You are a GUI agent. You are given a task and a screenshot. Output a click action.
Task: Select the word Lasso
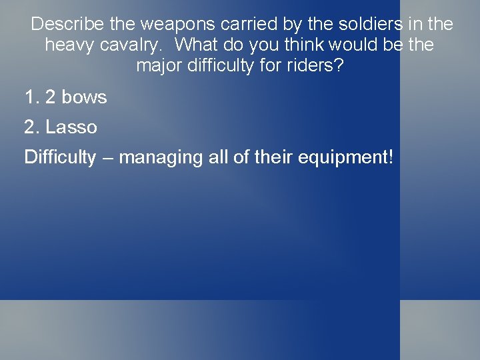coord(71,127)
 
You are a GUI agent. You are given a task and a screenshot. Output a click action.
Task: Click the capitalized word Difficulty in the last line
coord(60,158)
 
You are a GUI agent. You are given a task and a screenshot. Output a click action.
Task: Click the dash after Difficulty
coord(107,158)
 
